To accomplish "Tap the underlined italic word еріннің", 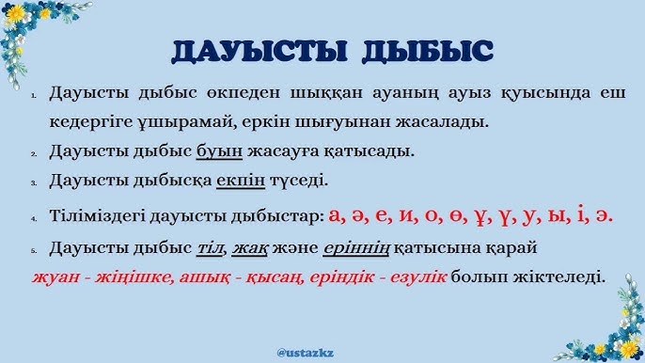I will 354,248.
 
